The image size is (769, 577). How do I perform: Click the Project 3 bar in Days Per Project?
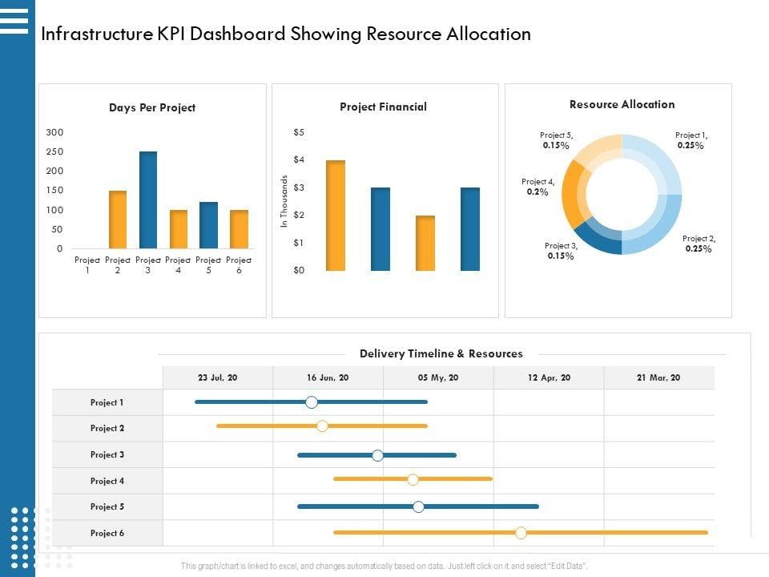[148, 200]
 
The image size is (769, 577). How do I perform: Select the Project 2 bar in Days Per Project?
[118, 220]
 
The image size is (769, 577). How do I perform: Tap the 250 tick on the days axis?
[54, 151]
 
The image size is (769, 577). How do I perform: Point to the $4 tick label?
[299, 159]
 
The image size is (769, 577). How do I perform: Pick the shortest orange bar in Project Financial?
[425, 243]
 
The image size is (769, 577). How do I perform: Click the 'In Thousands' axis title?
[284, 201]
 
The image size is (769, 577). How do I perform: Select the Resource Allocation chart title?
[622, 104]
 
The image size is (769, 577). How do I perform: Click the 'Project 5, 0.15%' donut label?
[556, 141]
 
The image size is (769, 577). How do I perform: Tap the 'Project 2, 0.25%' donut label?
[699, 244]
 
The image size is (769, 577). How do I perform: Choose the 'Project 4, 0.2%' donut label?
[537, 187]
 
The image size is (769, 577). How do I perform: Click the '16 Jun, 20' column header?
[328, 377]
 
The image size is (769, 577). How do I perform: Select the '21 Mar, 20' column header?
[658, 377]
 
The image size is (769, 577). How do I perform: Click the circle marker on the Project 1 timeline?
[312, 402]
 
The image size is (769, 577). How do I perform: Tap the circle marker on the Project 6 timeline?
[521, 532]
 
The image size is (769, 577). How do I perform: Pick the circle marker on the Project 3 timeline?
[377, 455]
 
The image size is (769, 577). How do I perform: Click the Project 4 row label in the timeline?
[107, 481]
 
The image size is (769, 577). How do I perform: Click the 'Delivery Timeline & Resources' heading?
[441, 353]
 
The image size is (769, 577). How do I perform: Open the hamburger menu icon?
[14, 20]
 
